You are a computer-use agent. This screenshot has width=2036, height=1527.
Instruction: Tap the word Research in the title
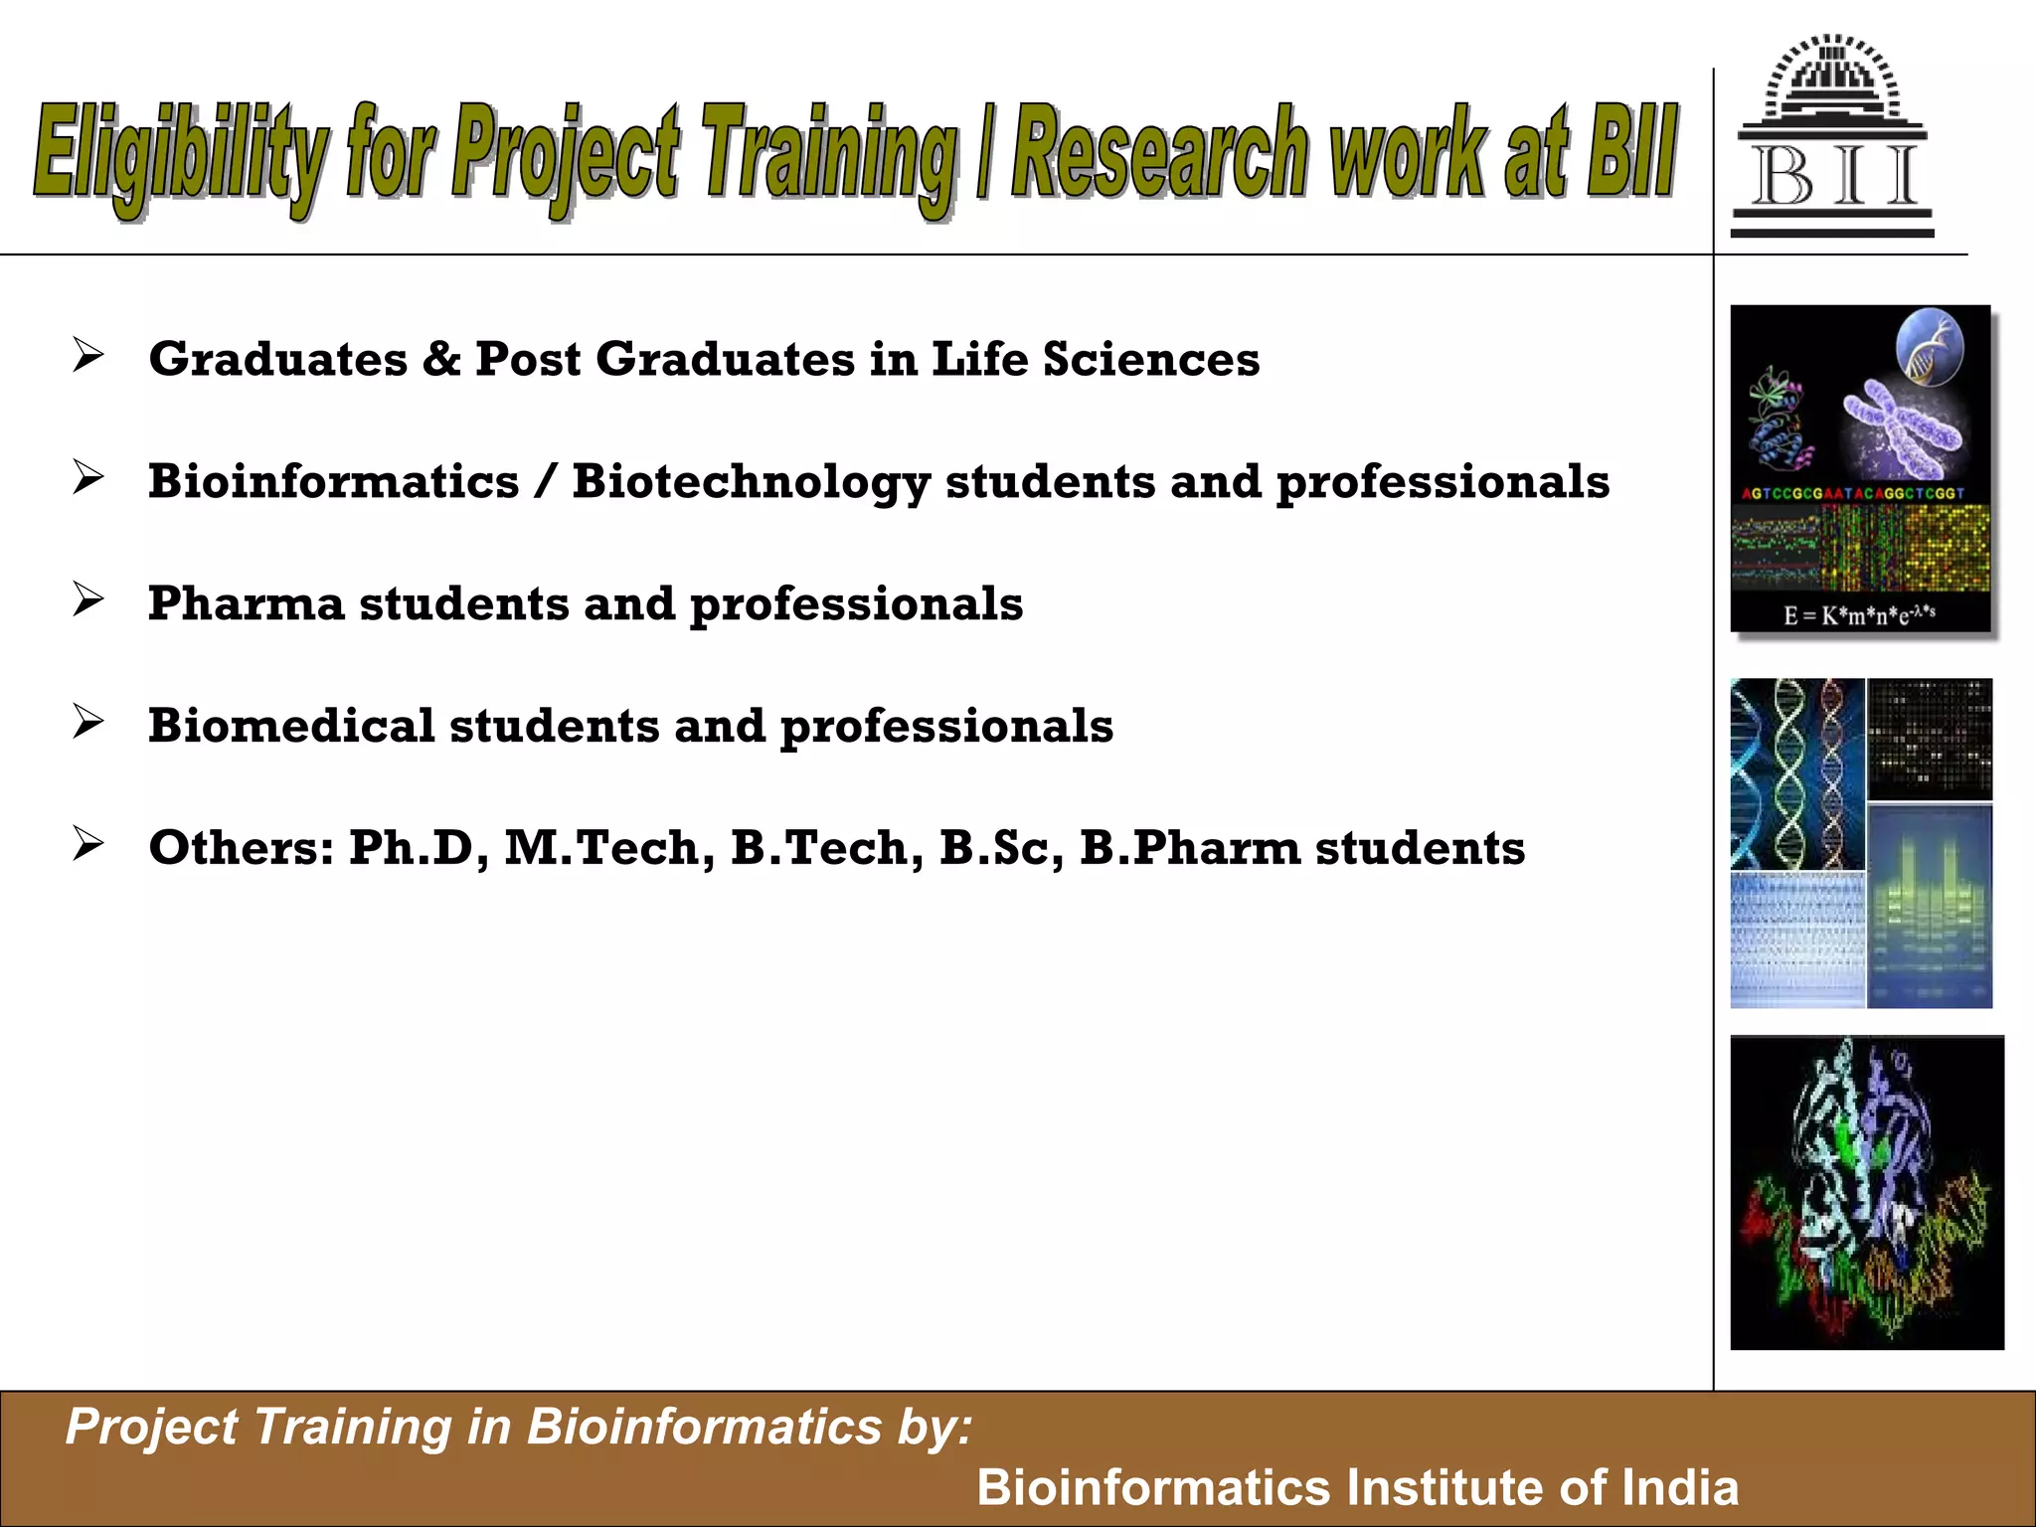coord(1164,154)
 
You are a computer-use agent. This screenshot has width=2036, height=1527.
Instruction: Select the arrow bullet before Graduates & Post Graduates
coord(87,355)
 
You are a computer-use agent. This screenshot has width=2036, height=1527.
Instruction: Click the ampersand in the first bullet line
coord(440,359)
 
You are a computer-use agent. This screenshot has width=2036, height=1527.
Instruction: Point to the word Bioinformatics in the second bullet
coord(334,482)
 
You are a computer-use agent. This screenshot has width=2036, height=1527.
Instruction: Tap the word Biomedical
coord(291,726)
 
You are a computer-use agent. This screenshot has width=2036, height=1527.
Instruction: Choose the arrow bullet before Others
coord(87,844)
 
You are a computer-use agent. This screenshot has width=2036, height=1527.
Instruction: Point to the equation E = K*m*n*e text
coord(1858,614)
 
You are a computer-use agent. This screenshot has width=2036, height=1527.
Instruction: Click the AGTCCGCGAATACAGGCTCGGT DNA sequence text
coord(1853,493)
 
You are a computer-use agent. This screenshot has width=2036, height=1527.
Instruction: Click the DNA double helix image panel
coord(1796,773)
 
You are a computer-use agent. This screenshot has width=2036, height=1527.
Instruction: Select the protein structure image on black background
coord(1866,1192)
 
